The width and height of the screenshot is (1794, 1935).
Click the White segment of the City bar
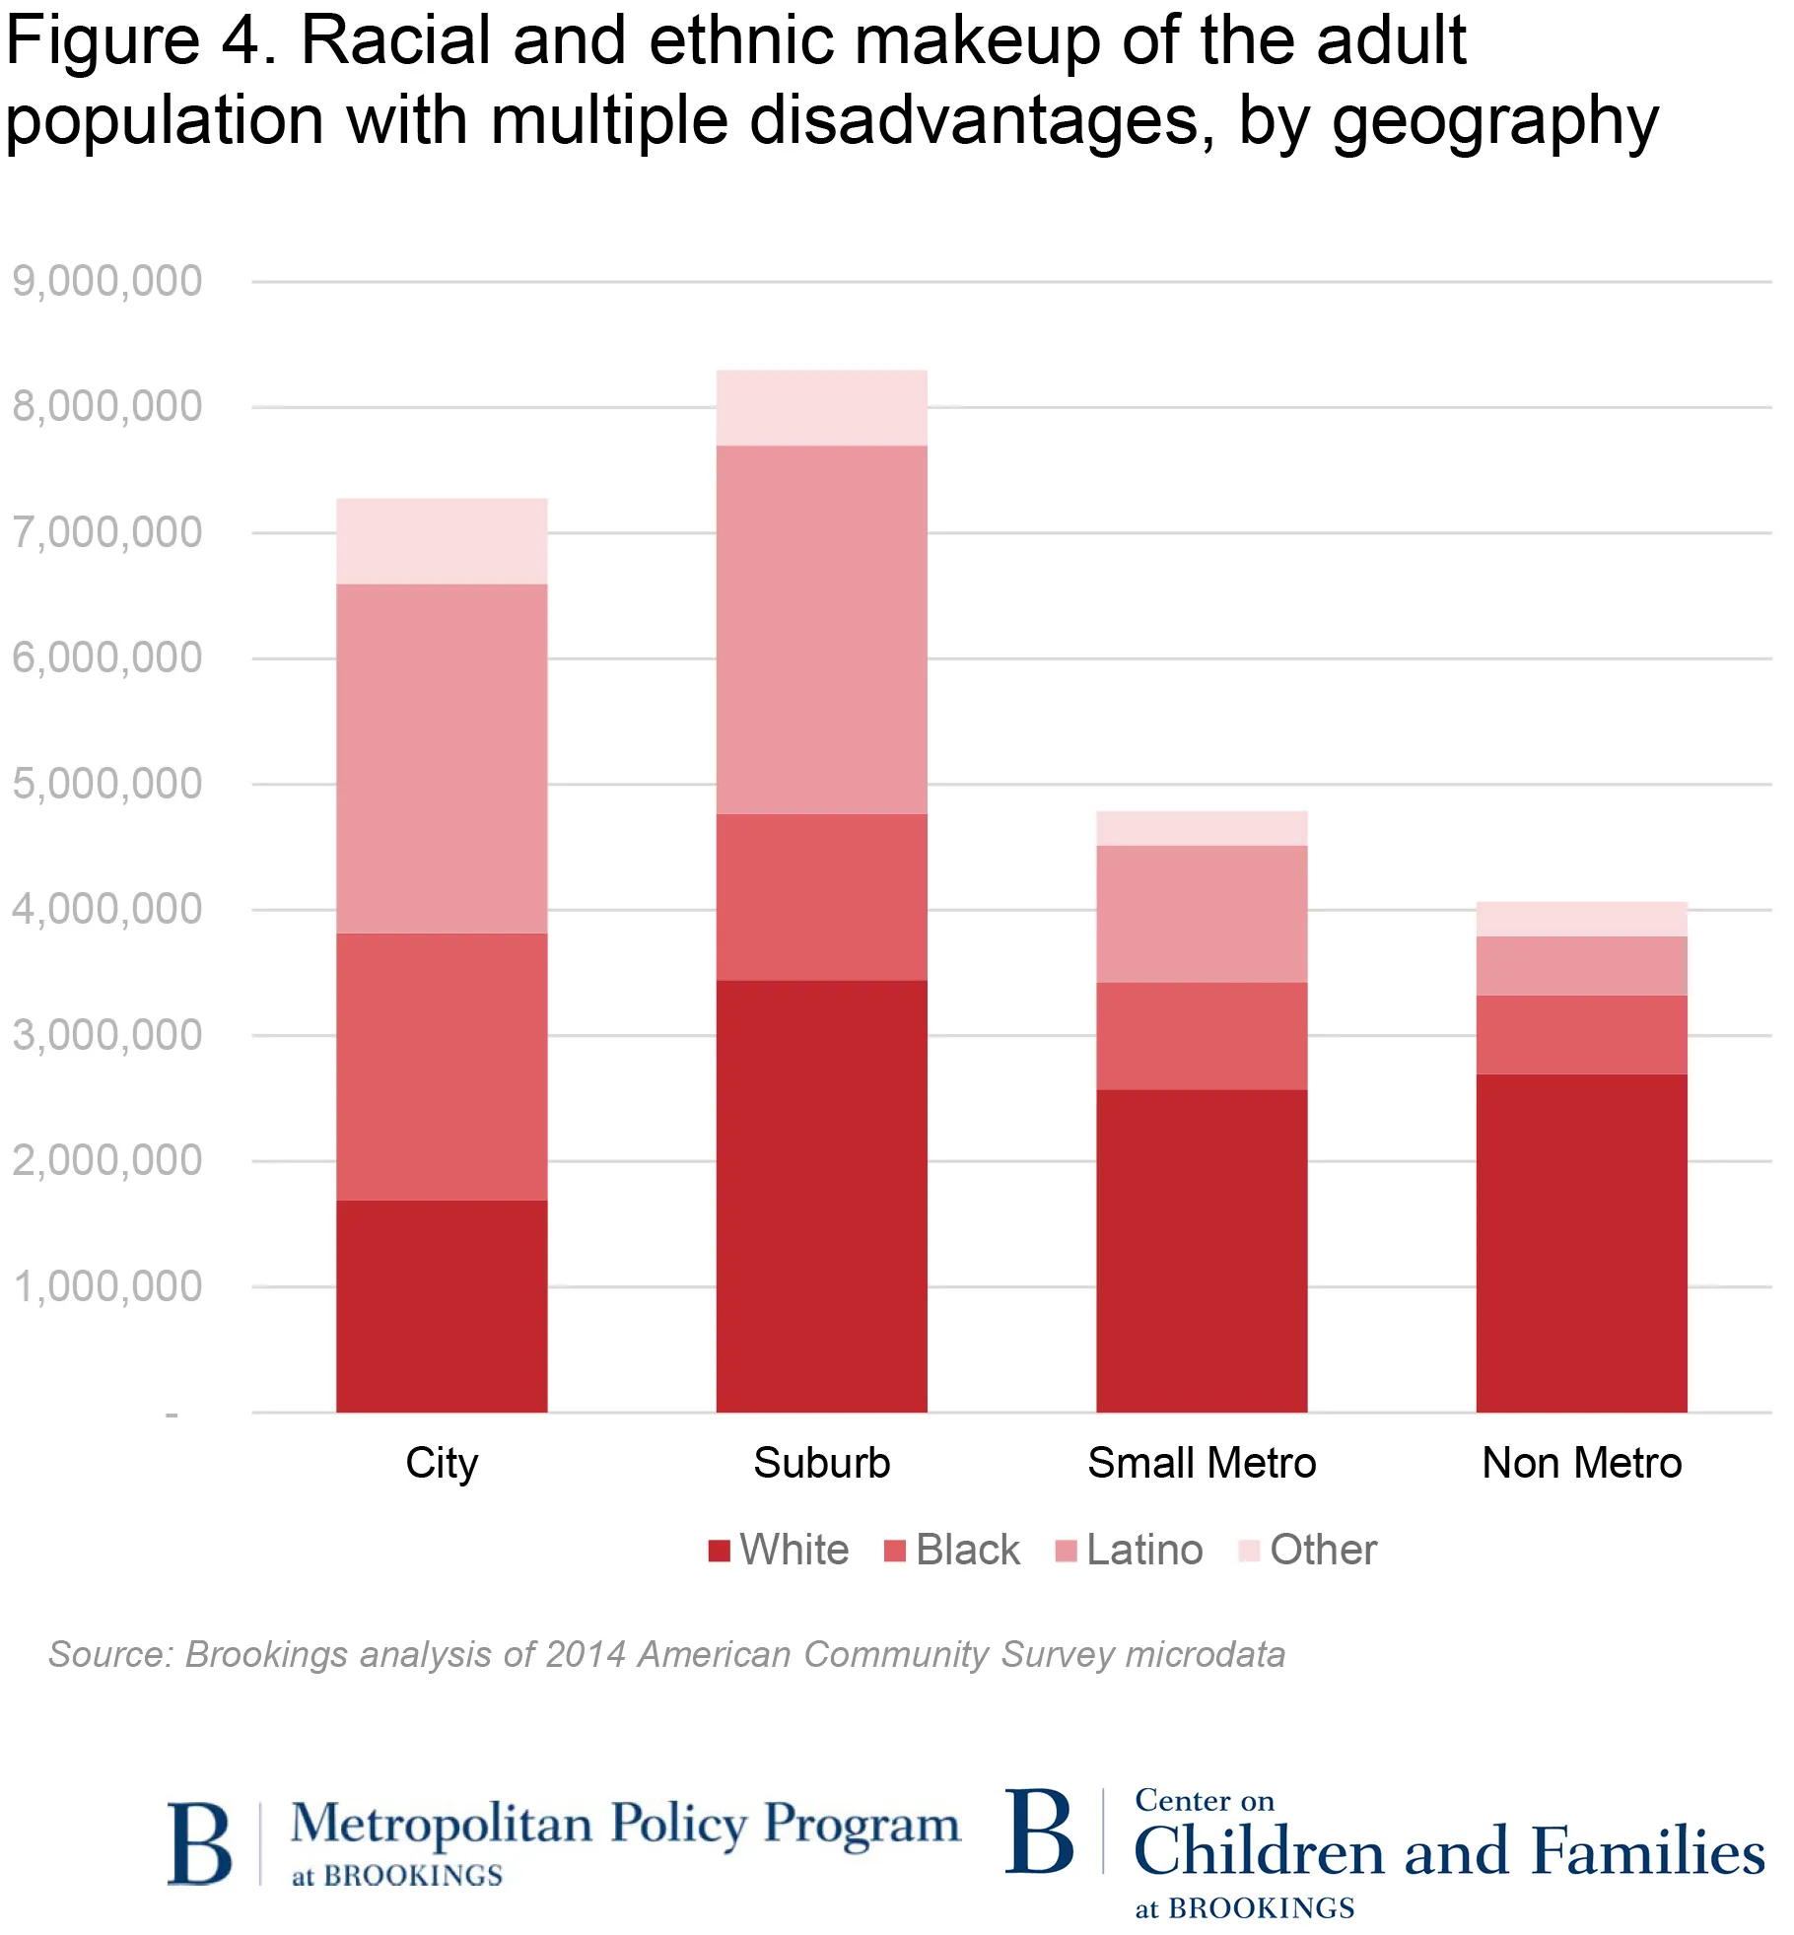point(442,1305)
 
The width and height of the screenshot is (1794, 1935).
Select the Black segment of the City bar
point(442,1066)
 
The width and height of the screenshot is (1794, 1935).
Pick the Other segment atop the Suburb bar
point(821,407)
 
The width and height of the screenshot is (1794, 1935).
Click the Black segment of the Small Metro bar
point(1202,1035)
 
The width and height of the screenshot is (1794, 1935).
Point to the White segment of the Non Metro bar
point(1581,1242)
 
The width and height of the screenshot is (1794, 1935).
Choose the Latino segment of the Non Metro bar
point(1581,965)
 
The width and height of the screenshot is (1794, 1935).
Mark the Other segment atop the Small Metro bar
point(1202,828)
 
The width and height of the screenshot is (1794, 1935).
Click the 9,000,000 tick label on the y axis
point(106,281)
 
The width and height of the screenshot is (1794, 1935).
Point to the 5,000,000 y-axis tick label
point(106,784)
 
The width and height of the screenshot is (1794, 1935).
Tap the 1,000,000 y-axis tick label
point(106,1286)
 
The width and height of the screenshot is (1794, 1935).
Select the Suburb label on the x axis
point(821,1463)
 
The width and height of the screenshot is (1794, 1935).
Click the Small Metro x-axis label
point(1202,1463)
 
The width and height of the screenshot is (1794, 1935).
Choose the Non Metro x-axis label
point(1581,1463)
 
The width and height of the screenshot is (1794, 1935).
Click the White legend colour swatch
point(719,1551)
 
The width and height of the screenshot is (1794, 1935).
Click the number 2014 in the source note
point(585,1654)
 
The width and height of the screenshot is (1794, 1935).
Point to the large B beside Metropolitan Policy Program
point(200,1842)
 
